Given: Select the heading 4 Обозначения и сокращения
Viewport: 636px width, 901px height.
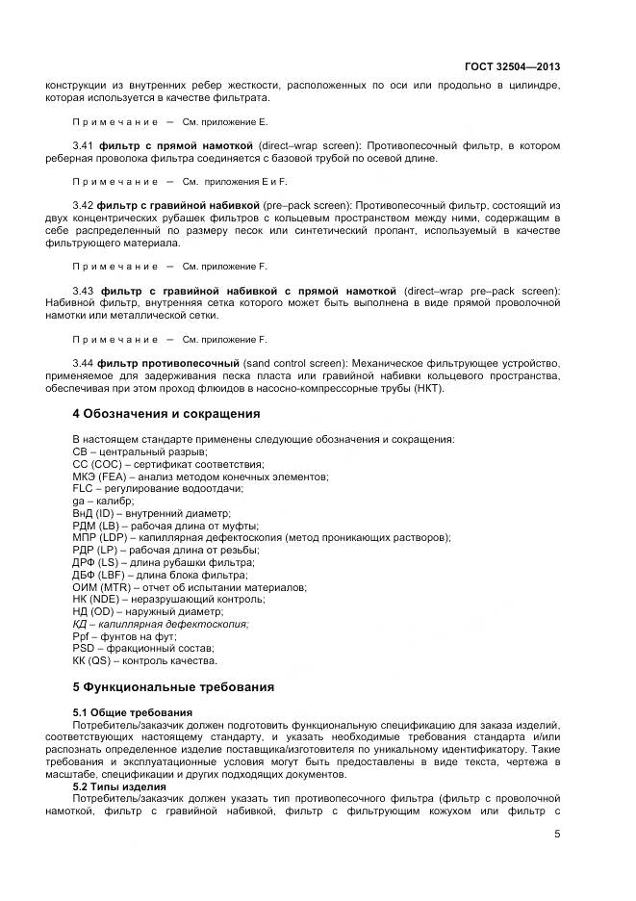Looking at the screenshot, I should click(166, 414).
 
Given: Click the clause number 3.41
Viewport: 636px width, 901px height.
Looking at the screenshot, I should click(84, 145).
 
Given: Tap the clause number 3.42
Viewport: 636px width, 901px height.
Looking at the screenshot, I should click(84, 206).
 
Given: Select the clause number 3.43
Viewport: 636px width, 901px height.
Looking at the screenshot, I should click(84, 291).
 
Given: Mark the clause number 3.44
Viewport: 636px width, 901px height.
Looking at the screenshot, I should click(84, 362).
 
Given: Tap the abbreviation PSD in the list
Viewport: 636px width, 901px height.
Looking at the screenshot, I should click(85, 648).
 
